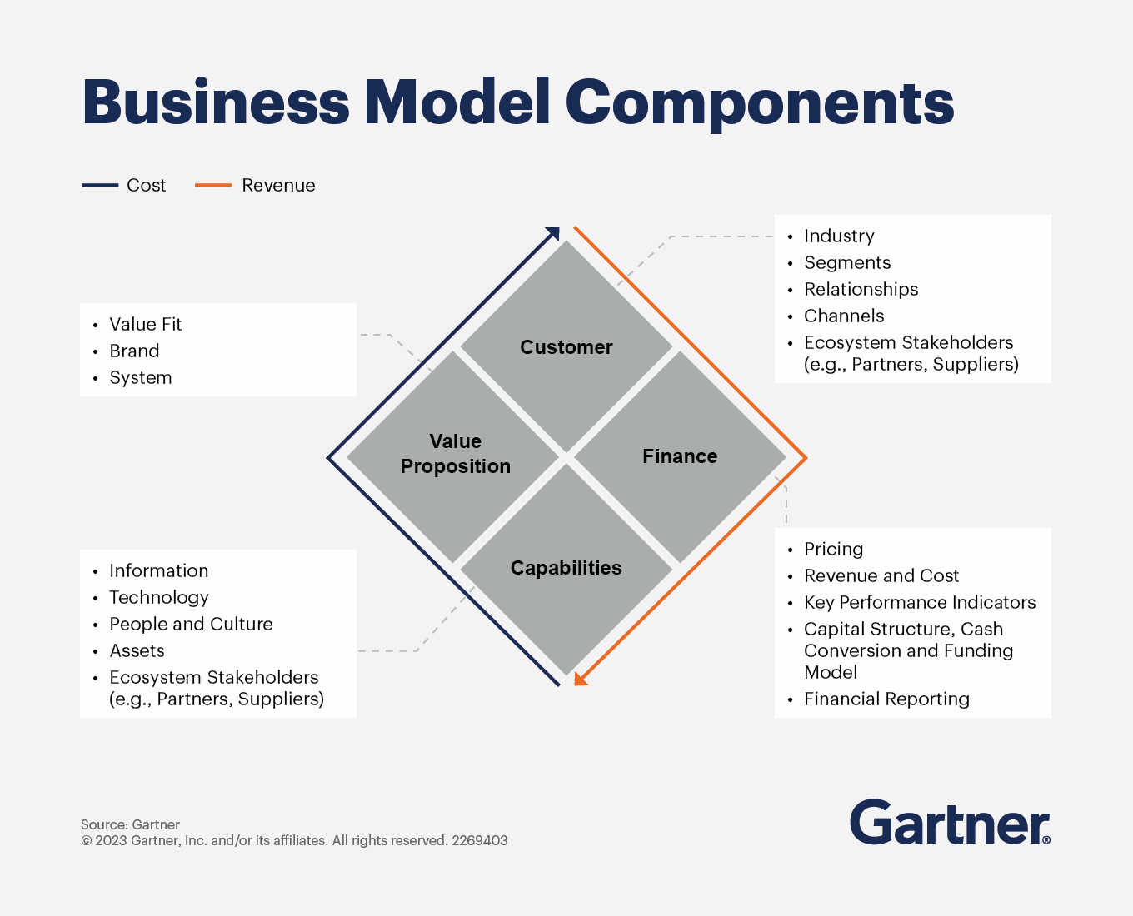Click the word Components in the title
pyautogui.click(x=760, y=103)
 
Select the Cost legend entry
pyautogui.click(x=123, y=185)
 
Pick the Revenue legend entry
pyautogui.click(x=255, y=185)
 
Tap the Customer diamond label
pyautogui.click(x=566, y=347)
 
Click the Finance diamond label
pyautogui.click(x=680, y=456)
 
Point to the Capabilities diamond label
pyautogui.click(x=566, y=568)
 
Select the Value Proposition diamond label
pyautogui.click(x=456, y=454)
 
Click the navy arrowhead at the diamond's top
pyautogui.click(x=553, y=233)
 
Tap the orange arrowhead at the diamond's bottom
pyautogui.click(x=581, y=679)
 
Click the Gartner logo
pyautogui.click(x=950, y=822)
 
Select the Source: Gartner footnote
pyautogui.click(x=130, y=824)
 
